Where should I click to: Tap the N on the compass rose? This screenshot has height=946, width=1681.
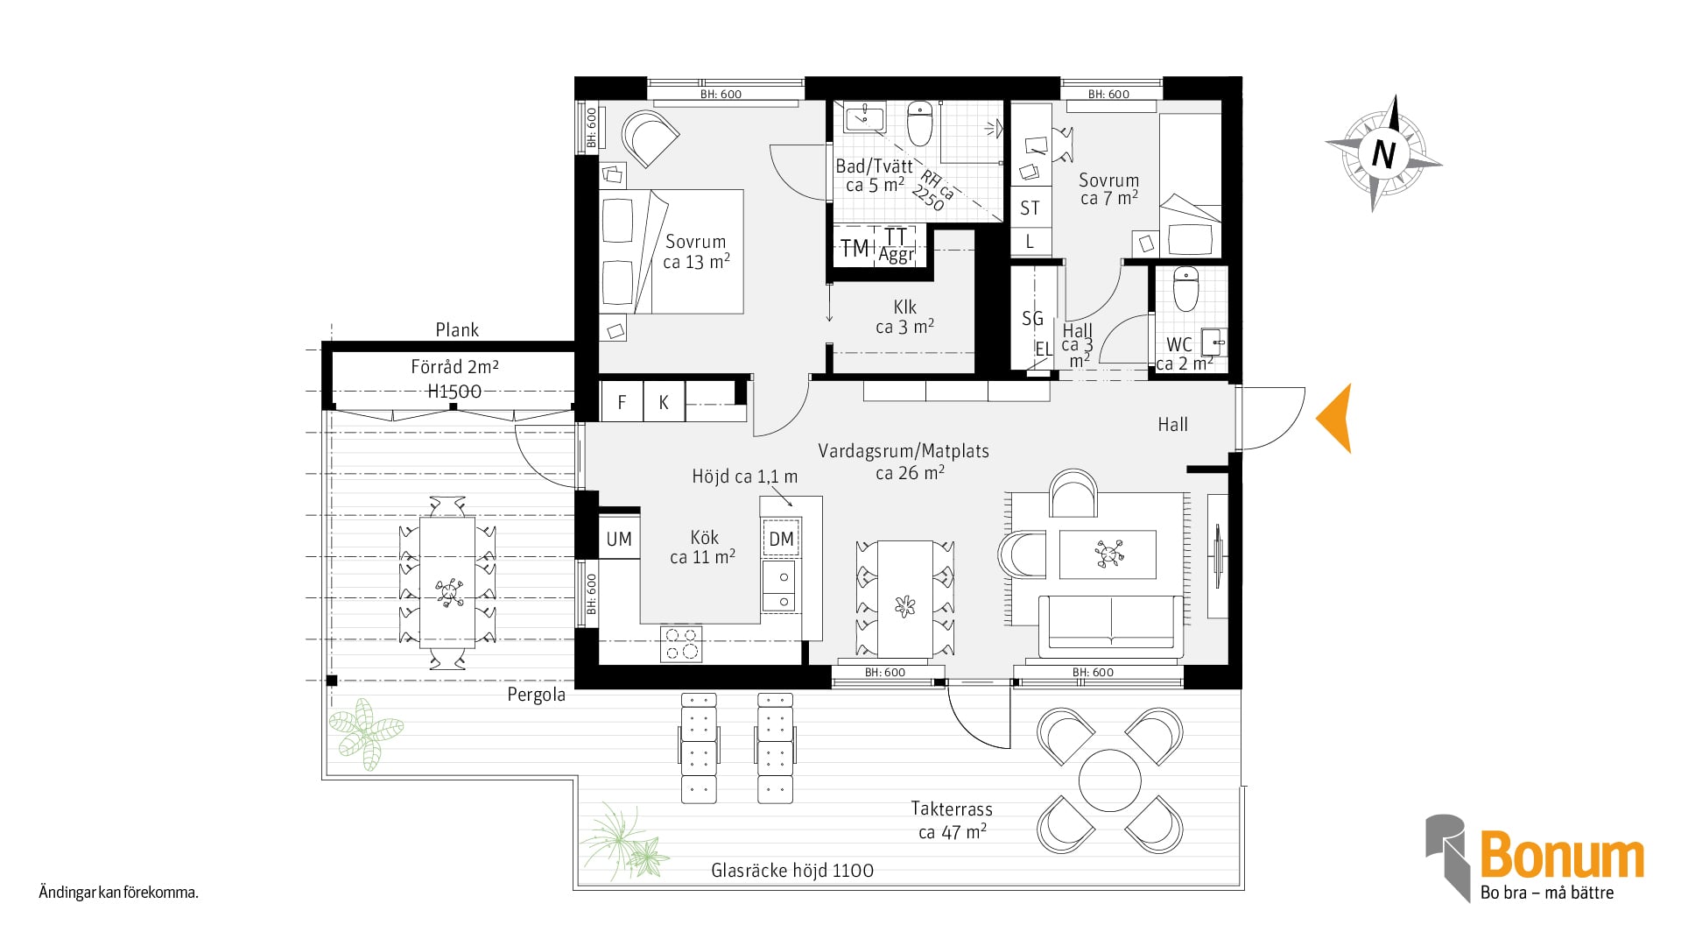pyautogui.click(x=1383, y=154)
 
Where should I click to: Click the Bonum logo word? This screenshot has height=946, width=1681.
pyautogui.click(x=1562, y=856)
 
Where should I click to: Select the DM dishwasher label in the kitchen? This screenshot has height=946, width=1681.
pyautogui.click(x=781, y=540)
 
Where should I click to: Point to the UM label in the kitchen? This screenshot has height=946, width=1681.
pyautogui.click(x=619, y=540)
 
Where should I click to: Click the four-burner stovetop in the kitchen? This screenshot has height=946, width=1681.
pyautogui.click(x=681, y=644)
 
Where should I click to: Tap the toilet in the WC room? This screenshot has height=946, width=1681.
pyautogui.click(x=1185, y=289)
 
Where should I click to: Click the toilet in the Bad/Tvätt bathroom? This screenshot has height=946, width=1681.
pyautogui.click(x=920, y=124)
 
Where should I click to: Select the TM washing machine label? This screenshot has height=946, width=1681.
pyautogui.click(x=855, y=249)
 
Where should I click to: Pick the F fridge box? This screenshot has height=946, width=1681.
pyautogui.click(x=622, y=402)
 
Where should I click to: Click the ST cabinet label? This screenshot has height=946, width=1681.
pyautogui.click(x=1030, y=208)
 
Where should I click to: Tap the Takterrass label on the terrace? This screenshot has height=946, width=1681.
pyautogui.click(x=952, y=808)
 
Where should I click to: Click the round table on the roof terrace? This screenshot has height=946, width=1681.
pyautogui.click(x=1110, y=780)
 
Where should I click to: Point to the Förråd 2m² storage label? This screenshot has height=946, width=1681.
pyautogui.click(x=455, y=367)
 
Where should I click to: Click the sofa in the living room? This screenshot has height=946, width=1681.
pyautogui.click(x=1111, y=626)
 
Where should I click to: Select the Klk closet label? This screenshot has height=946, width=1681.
pyautogui.click(x=905, y=307)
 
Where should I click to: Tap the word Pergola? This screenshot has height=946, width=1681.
pyautogui.click(x=537, y=695)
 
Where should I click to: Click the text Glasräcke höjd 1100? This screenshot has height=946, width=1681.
pyautogui.click(x=792, y=871)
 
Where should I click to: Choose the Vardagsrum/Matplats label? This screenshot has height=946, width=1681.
pyautogui.click(x=904, y=451)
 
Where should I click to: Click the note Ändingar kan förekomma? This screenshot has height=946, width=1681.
pyautogui.click(x=119, y=893)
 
